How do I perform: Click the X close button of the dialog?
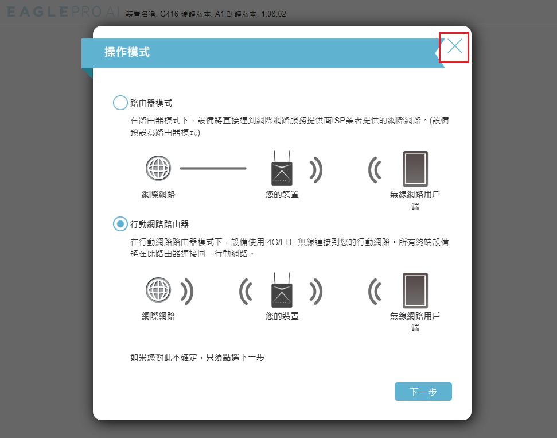[x=455, y=46]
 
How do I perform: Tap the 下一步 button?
[x=423, y=392]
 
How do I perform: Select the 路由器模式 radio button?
[x=120, y=103]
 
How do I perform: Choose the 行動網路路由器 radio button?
[x=120, y=224]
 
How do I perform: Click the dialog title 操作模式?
[x=127, y=52]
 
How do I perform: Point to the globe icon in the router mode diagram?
[x=158, y=168]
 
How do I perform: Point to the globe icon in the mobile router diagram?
[x=158, y=290]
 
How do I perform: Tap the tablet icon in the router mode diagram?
[x=415, y=169]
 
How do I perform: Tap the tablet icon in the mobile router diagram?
[x=415, y=290]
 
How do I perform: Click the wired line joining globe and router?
[x=213, y=169]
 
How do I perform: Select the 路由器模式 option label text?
[x=151, y=103]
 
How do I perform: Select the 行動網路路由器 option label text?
[x=159, y=224]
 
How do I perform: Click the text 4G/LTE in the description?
[x=281, y=242]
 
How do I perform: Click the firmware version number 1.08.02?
[x=274, y=14]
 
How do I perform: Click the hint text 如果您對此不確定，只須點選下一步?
[x=197, y=357]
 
